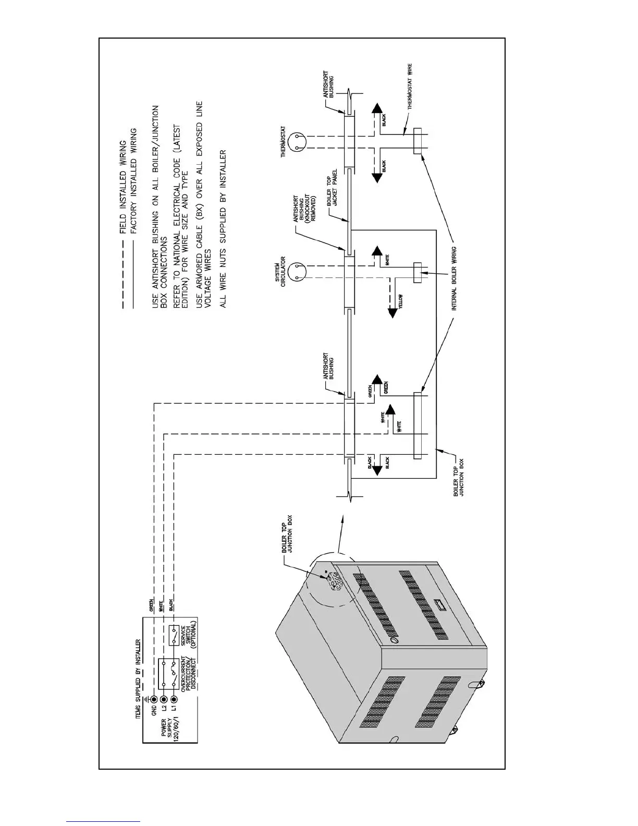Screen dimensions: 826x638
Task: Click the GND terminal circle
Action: point(154,699)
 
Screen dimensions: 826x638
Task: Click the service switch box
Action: point(174,636)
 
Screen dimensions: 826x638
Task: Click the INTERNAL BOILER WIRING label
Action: point(454,278)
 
